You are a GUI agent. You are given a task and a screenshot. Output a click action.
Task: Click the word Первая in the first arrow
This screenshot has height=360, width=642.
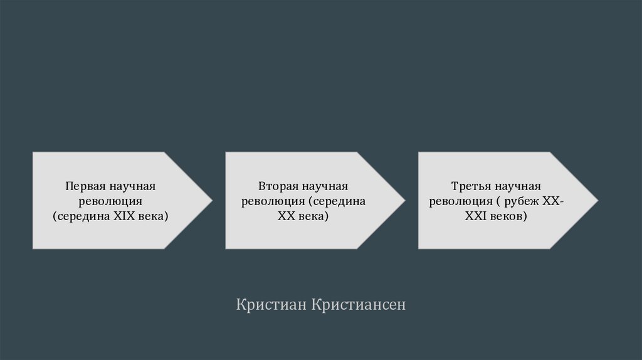85,187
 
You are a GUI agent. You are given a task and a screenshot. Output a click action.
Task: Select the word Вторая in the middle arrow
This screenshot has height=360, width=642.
278,187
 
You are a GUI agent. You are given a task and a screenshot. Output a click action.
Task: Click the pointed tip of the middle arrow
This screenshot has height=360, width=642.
404,201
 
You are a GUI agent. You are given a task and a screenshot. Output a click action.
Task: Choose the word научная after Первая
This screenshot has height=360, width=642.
132,187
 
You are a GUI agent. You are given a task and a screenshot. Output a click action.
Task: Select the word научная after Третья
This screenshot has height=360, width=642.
517,187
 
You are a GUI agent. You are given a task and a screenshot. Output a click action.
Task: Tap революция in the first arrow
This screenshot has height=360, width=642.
111,202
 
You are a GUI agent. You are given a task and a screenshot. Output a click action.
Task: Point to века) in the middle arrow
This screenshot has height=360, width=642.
312,216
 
